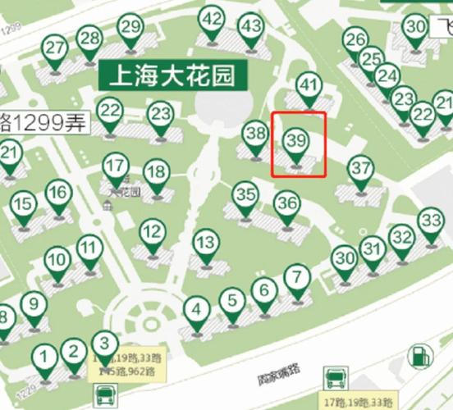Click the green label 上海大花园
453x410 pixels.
[x=172, y=76]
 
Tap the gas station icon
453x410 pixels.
[x=419, y=357]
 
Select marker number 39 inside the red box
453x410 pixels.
[x=296, y=142]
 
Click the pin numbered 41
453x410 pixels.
[x=309, y=85]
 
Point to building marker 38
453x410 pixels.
[x=256, y=134]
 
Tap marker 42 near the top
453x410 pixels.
[x=212, y=20]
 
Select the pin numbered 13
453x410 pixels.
[x=207, y=244]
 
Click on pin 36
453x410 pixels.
[x=286, y=202]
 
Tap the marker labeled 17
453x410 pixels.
[x=115, y=167]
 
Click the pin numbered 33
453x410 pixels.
[x=431, y=221]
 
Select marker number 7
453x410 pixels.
[x=296, y=276]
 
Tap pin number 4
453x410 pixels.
[x=196, y=310]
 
